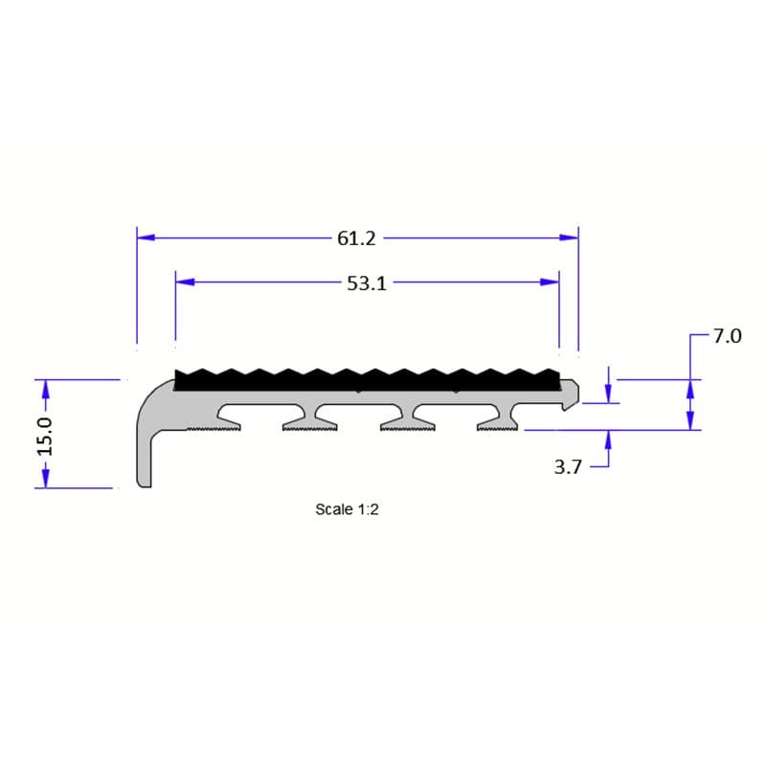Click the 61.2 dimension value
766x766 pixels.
click(355, 237)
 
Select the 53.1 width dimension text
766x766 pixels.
click(367, 283)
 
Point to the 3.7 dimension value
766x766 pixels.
click(569, 468)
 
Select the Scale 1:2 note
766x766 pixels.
click(348, 509)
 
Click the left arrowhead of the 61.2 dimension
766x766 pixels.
click(146, 237)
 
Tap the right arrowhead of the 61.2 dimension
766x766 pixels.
click(570, 237)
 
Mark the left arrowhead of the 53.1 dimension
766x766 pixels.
click(185, 282)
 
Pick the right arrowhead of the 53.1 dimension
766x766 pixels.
click(550, 282)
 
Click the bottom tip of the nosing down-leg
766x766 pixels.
click(145, 484)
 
